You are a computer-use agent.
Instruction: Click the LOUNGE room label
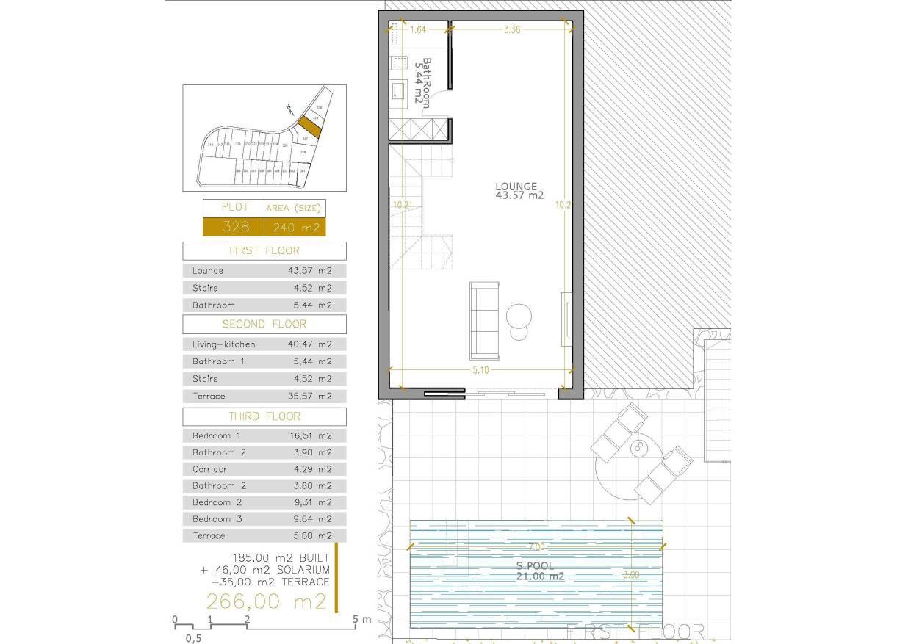click(x=516, y=187)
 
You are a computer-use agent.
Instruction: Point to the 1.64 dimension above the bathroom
click(x=418, y=30)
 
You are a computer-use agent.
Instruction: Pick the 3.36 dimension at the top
click(x=512, y=30)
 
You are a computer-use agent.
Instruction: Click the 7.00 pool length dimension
click(x=536, y=547)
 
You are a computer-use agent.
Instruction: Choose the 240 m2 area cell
click(x=294, y=228)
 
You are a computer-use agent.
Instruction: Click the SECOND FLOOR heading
click(x=264, y=324)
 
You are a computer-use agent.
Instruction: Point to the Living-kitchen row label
click(x=224, y=344)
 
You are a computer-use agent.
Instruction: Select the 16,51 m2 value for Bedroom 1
click(x=310, y=435)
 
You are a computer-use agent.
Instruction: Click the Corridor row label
click(x=209, y=468)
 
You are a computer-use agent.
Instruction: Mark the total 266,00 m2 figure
click(x=266, y=601)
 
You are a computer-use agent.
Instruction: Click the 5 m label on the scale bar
click(x=361, y=620)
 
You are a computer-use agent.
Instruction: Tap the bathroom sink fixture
click(x=397, y=90)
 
